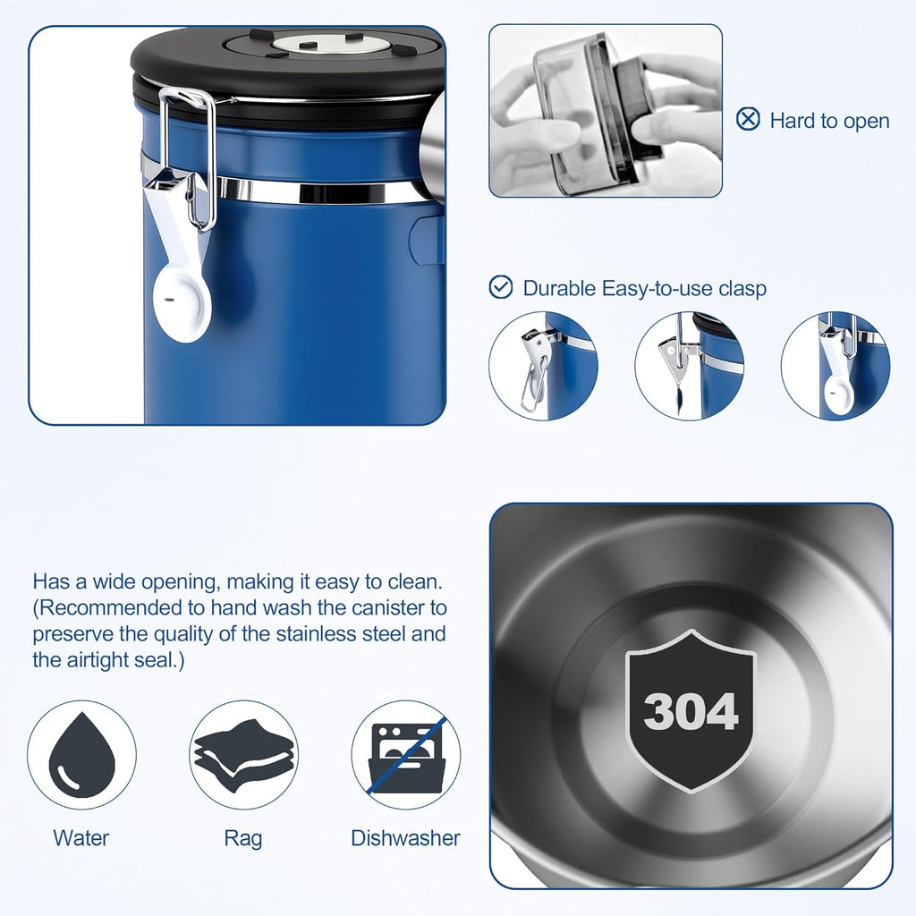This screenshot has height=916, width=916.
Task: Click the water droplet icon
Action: tap(81, 755)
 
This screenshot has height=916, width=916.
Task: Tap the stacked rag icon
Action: tap(243, 755)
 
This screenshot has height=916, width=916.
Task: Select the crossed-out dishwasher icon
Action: tap(407, 755)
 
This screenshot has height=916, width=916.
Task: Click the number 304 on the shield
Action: tap(691, 711)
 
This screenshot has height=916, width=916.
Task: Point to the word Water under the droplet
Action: tap(81, 837)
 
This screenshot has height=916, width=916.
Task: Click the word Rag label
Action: tap(243, 839)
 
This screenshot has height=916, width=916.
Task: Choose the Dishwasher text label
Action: tap(405, 837)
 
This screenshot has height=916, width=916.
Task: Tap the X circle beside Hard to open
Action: tap(748, 119)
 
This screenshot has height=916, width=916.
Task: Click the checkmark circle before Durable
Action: tap(501, 287)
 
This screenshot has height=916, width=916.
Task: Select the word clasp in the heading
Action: tap(742, 289)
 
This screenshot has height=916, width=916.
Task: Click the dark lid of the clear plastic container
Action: tap(638, 111)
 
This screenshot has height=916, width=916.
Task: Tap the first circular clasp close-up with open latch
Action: tap(543, 366)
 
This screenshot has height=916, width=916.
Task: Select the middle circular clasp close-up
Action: tap(690, 366)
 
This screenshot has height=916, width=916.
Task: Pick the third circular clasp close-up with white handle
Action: tap(835, 366)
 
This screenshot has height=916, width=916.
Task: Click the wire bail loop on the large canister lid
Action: tap(188, 157)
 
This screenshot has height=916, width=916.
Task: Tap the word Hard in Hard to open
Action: tap(793, 121)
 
